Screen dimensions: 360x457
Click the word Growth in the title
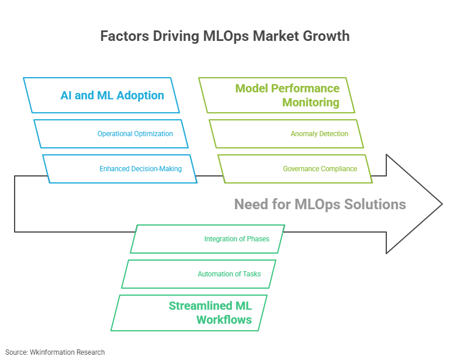tap(326, 36)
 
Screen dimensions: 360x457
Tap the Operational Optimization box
tap(111, 134)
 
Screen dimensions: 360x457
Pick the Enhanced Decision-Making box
tap(120, 169)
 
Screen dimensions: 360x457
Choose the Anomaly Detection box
tap(286, 134)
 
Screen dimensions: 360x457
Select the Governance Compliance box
tap(296, 169)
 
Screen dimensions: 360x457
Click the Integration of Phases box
tap(207, 239)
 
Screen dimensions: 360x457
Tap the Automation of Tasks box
tap(199, 274)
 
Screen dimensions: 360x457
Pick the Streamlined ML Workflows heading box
tap(189, 313)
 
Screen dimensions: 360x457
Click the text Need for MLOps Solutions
tap(320, 204)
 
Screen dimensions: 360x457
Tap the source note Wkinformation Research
tap(56, 352)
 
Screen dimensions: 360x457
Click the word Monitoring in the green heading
tap(310, 102)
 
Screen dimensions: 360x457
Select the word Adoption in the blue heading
tap(139, 95)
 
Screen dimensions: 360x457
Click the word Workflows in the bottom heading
tap(224, 320)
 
